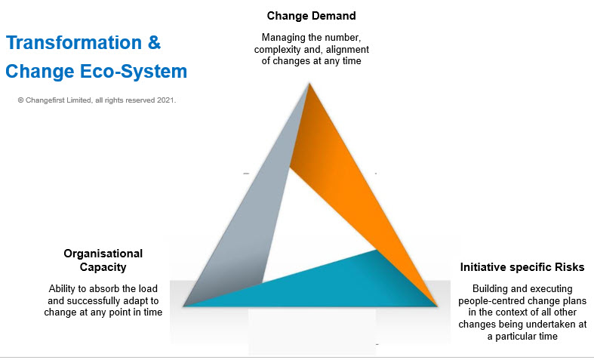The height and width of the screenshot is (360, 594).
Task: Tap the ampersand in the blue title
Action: pos(153,42)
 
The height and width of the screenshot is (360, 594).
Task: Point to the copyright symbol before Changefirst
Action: pos(21,100)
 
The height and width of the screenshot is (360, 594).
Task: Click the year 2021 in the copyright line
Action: pos(165,100)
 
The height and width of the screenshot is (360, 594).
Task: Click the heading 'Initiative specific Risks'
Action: pos(522,268)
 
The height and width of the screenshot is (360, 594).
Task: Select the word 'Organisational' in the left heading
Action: pos(103,254)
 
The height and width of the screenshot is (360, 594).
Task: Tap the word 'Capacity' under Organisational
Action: pos(103,267)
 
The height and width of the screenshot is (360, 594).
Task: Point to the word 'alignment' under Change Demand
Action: pos(348,50)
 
